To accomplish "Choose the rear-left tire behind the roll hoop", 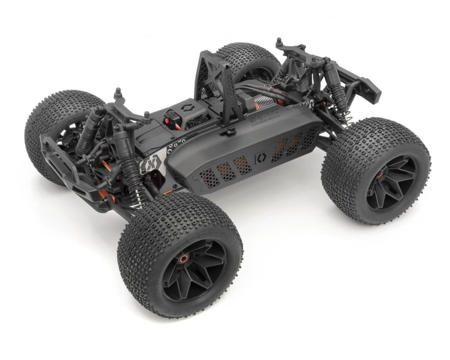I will pos(246,59).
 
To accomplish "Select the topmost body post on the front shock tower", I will pos(117,92).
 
